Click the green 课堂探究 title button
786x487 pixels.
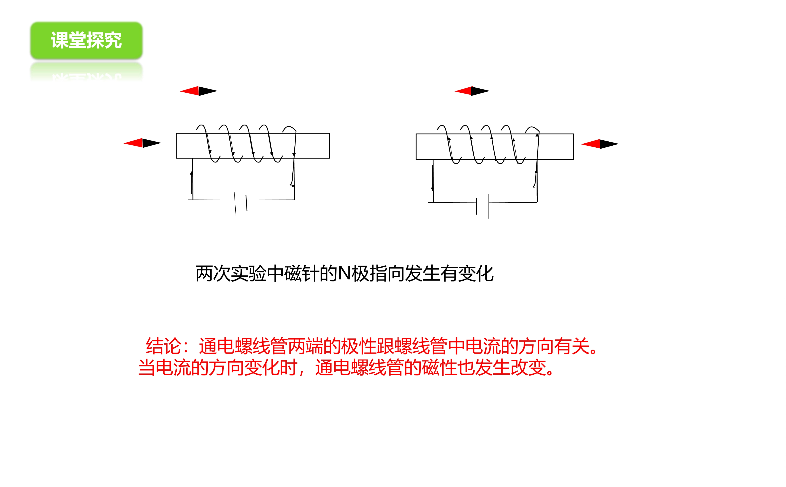click(86, 41)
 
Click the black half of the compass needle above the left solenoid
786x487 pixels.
click(208, 91)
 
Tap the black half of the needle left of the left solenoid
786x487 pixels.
click(152, 143)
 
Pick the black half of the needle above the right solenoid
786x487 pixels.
click(480, 91)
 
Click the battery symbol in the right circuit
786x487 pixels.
click(483, 206)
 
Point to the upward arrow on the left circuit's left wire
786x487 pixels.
click(191, 182)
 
